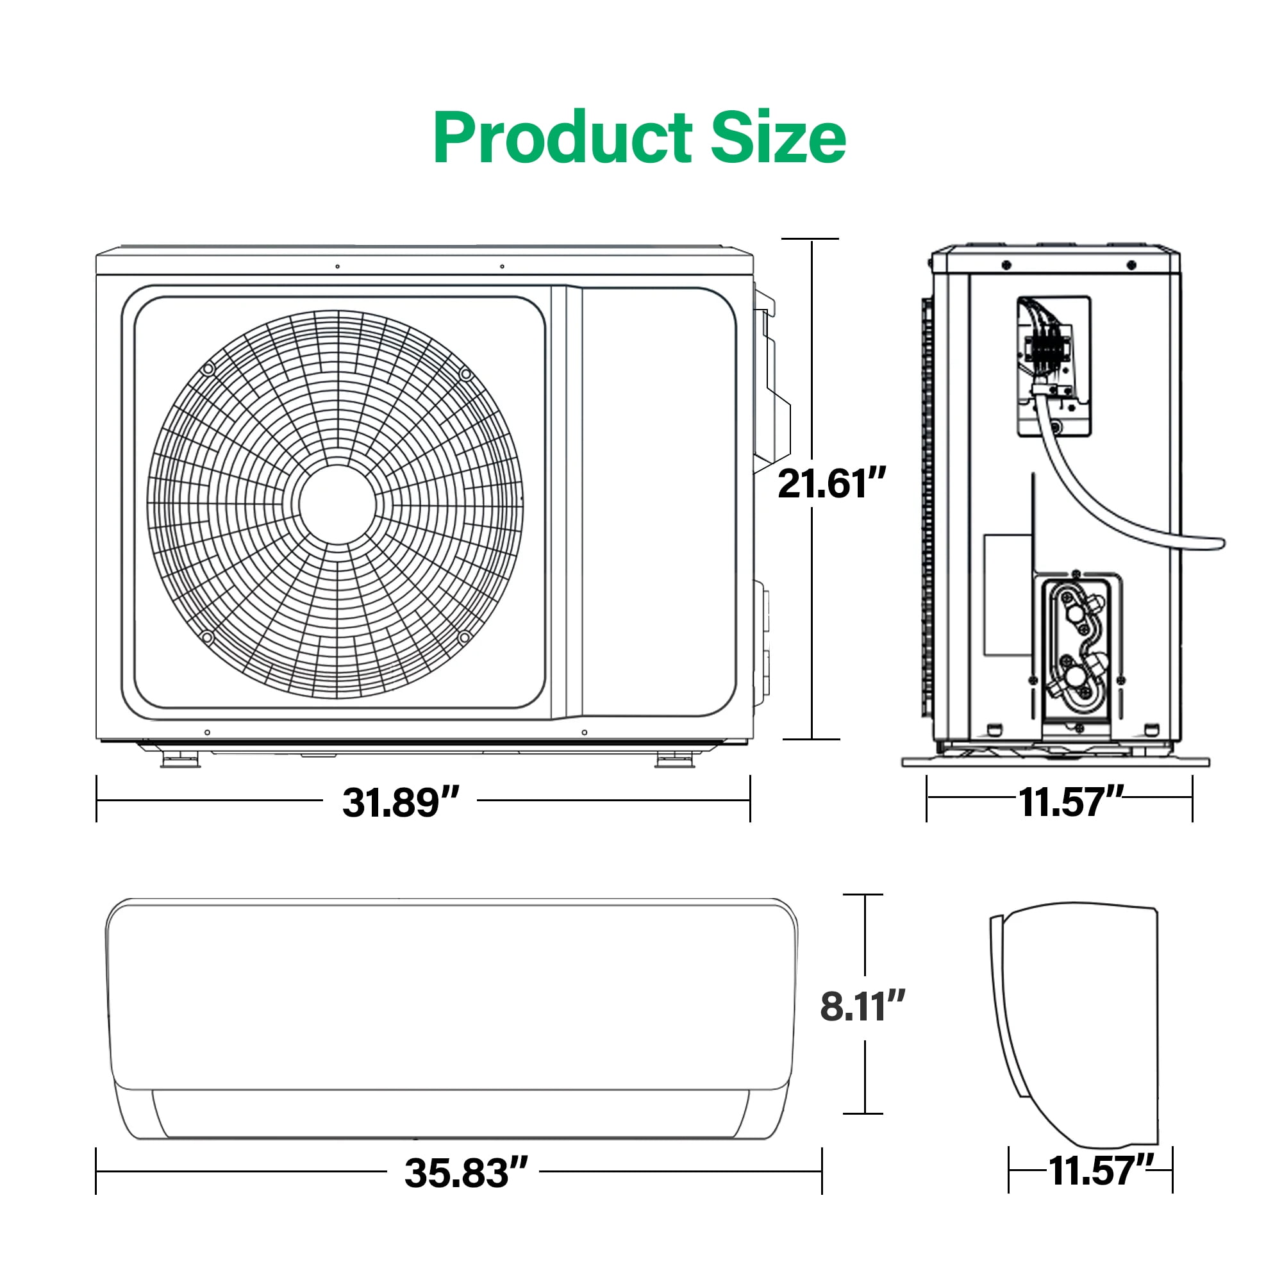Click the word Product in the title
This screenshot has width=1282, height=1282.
pyautogui.click(x=563, y=138)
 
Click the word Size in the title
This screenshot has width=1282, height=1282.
pyautogui.click(x=779, y=137)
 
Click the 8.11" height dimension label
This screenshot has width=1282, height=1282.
pyautogui.click(x=863, y=1006)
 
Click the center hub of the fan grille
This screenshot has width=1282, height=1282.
pyautogui.click(x=337, y=504)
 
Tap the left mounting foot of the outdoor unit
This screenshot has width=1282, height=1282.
pyautogui.click(x=180, y=760)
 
